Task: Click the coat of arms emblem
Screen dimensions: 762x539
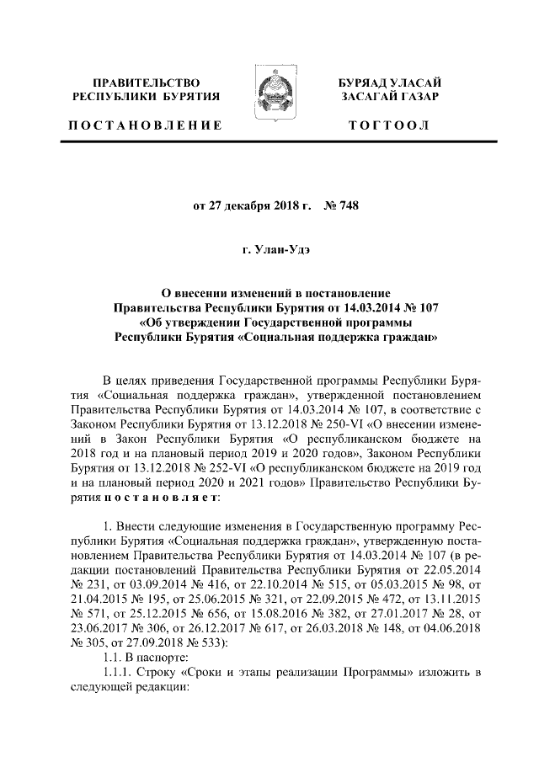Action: pyautogui.click(x=269, y=97)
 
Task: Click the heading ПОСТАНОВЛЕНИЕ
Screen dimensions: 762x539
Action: pyautogui.click(x=145, y=125)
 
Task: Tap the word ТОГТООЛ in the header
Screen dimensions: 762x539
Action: pyautogui.click(x=390, y=125)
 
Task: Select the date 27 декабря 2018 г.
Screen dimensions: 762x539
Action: pyautogui.click(x=253, y=204)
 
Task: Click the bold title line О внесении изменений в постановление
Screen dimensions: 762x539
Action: pyautogui.click(x=269, y=293)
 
